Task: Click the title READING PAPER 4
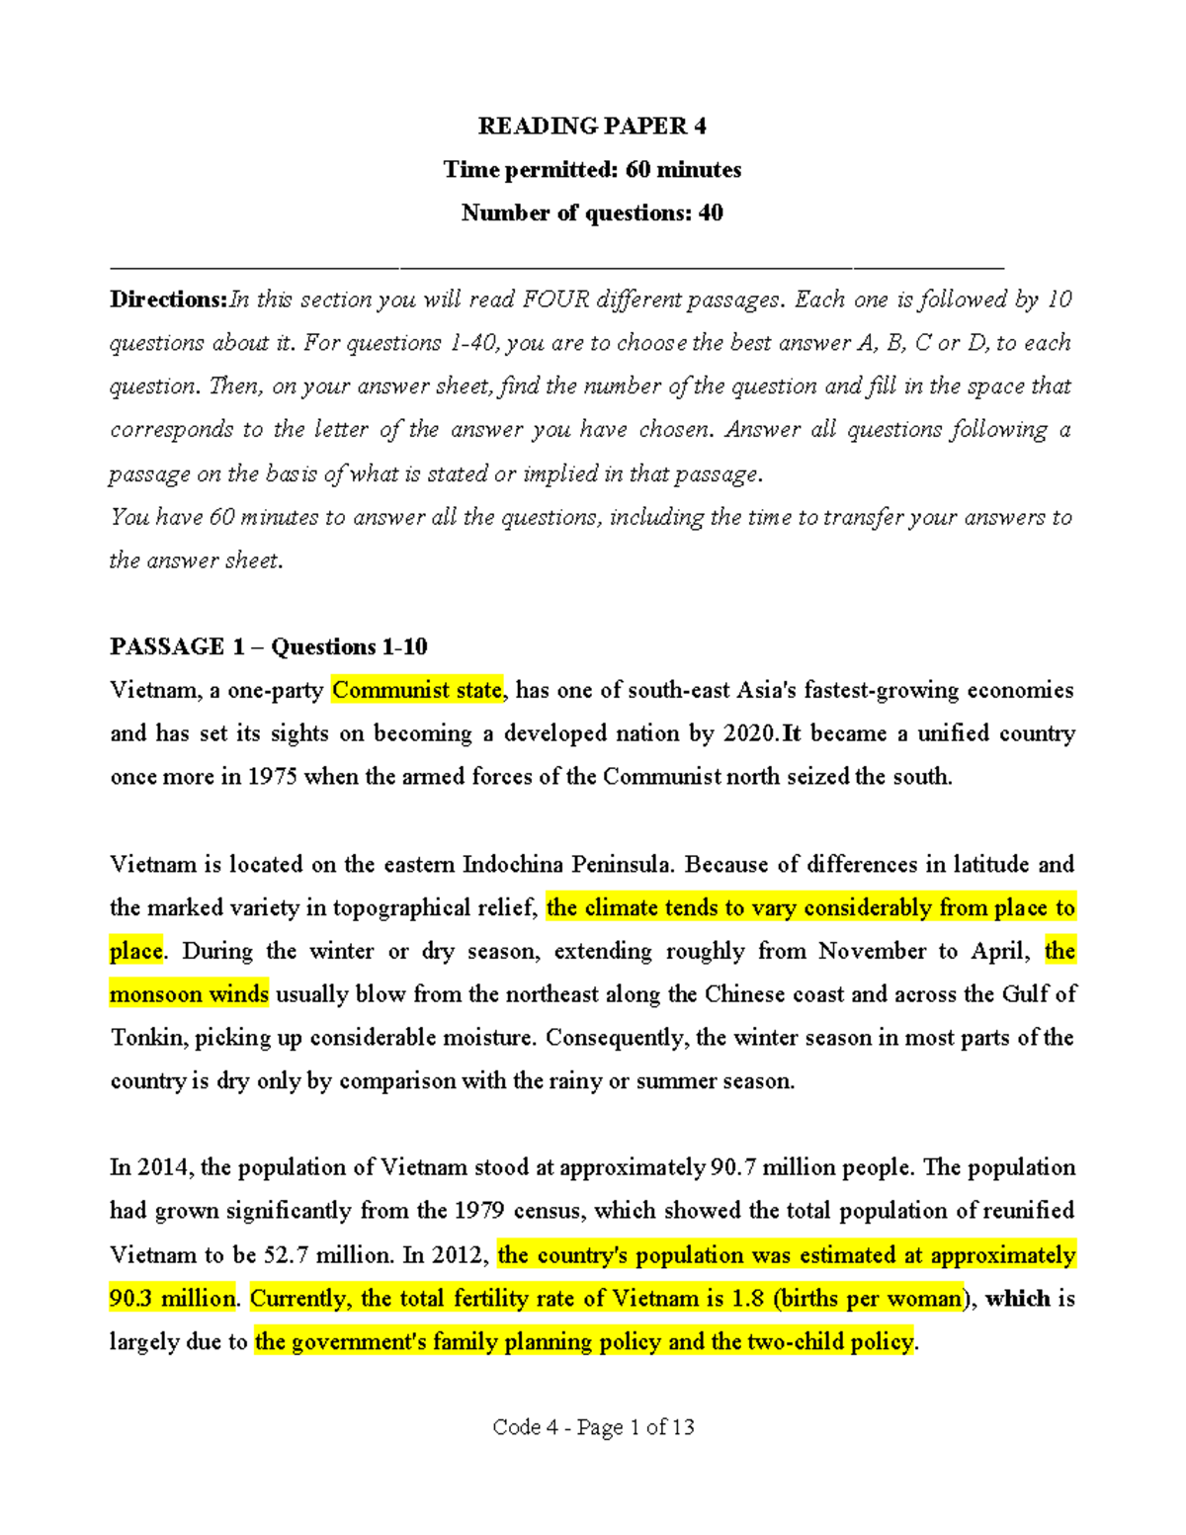pyautogui.click(x=592, y=126)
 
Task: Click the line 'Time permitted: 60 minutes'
pyautogui.click(x=592, y=169)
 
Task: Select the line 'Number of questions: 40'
pyautogui.click(x=592, y=213)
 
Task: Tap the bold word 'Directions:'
pyautogui.click(x=168, y=299)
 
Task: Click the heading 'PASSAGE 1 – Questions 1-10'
pyautogui.click(x=268, y=646)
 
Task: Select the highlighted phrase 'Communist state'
pyautogui.click(x=417, y=690)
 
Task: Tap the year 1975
pyautogui.click(x=272, y=777)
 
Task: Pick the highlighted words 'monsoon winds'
pyautogui.click(x=189, y=994)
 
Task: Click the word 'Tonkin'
pyautogui.click(x=147, y=1038)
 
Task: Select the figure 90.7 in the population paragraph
pyautogui.click(x=732, y=1167)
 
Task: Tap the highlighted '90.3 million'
pyautogui.click(x=173, y=1299)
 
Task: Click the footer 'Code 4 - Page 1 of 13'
pyautogui.click(x=593, y=1427)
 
